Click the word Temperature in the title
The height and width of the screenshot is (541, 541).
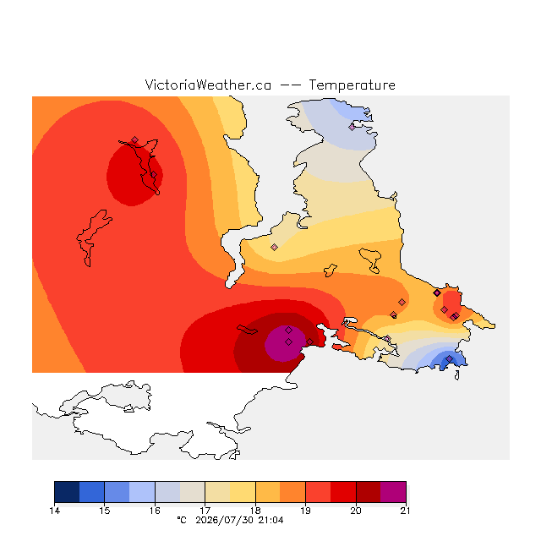(352, 85)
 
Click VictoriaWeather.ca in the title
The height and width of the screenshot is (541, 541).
(208, 85)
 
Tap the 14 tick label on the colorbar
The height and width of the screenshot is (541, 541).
(54, 511)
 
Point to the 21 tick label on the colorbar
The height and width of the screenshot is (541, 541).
(406, 511)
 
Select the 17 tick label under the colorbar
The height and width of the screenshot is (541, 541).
(205, 511)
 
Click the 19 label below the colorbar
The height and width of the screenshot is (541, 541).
(305, 511)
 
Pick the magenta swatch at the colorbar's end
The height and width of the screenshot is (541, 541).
(393, 492)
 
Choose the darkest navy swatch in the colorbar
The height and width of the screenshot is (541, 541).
(67, 492)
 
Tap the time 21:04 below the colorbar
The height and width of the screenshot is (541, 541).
(270, 521)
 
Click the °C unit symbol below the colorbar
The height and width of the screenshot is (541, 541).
(182, 520)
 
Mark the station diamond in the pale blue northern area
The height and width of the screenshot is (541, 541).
(352, 128)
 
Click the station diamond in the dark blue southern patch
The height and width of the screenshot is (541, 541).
(449, 359)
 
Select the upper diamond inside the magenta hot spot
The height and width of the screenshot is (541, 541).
(289, 331)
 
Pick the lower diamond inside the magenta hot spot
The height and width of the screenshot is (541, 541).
(289, 342)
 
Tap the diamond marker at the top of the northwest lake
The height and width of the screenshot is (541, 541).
(135, 139)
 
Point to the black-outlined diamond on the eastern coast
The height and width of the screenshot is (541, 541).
(437, 293)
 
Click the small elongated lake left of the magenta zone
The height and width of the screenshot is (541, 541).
(247, 330)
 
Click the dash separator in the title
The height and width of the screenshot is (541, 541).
(290, 85)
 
